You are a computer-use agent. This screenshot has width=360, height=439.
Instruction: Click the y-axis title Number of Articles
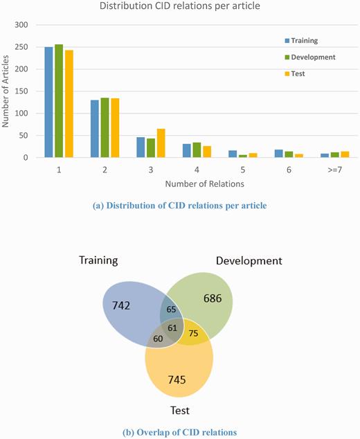6,91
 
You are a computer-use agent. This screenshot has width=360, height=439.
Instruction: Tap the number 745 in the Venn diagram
180,379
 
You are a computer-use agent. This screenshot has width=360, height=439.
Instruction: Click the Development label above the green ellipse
249,261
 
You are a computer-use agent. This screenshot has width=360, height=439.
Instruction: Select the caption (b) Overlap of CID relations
181,432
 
